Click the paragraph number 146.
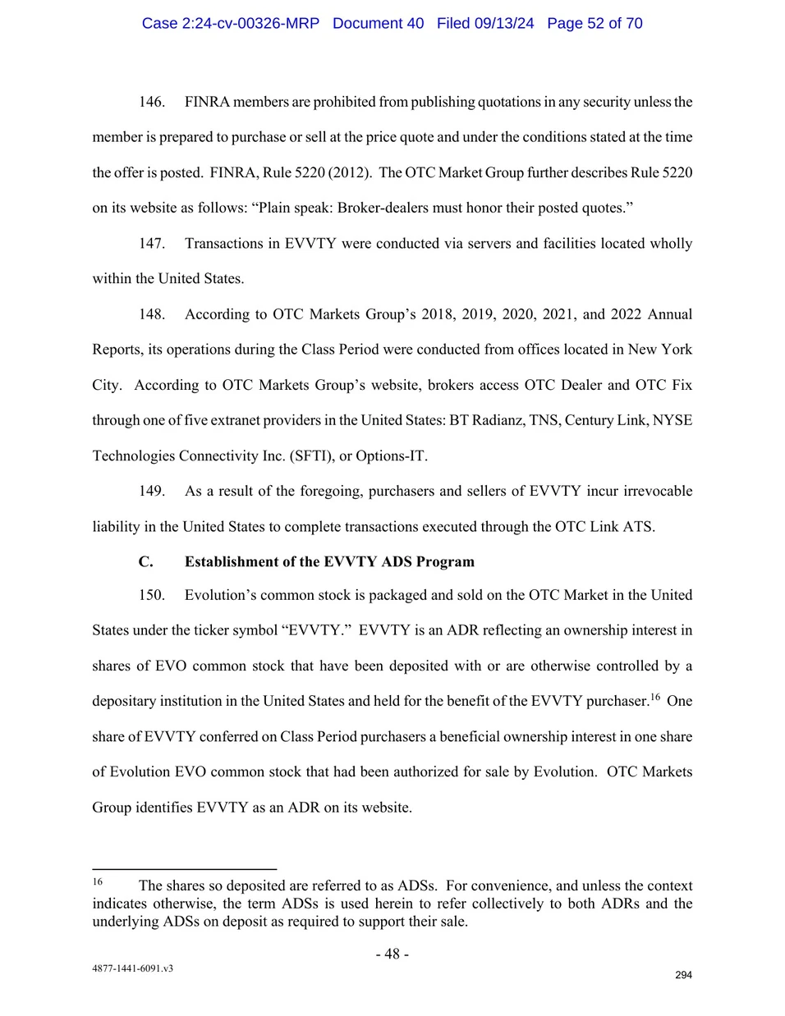click(151, 102)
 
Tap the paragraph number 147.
click(151, 244)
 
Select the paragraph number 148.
click(151, 314)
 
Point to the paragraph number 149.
click(151, 491)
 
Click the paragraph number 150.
click(151, 595)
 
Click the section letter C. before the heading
click(145, 562)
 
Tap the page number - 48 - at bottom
click(392, 954)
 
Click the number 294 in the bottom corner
click(683, 975)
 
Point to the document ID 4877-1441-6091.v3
click(132, 968)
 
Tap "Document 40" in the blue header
click(378, 23)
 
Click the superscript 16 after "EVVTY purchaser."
click(655, 697)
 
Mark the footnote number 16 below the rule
click(97, 881)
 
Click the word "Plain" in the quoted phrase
click(277, 208)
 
